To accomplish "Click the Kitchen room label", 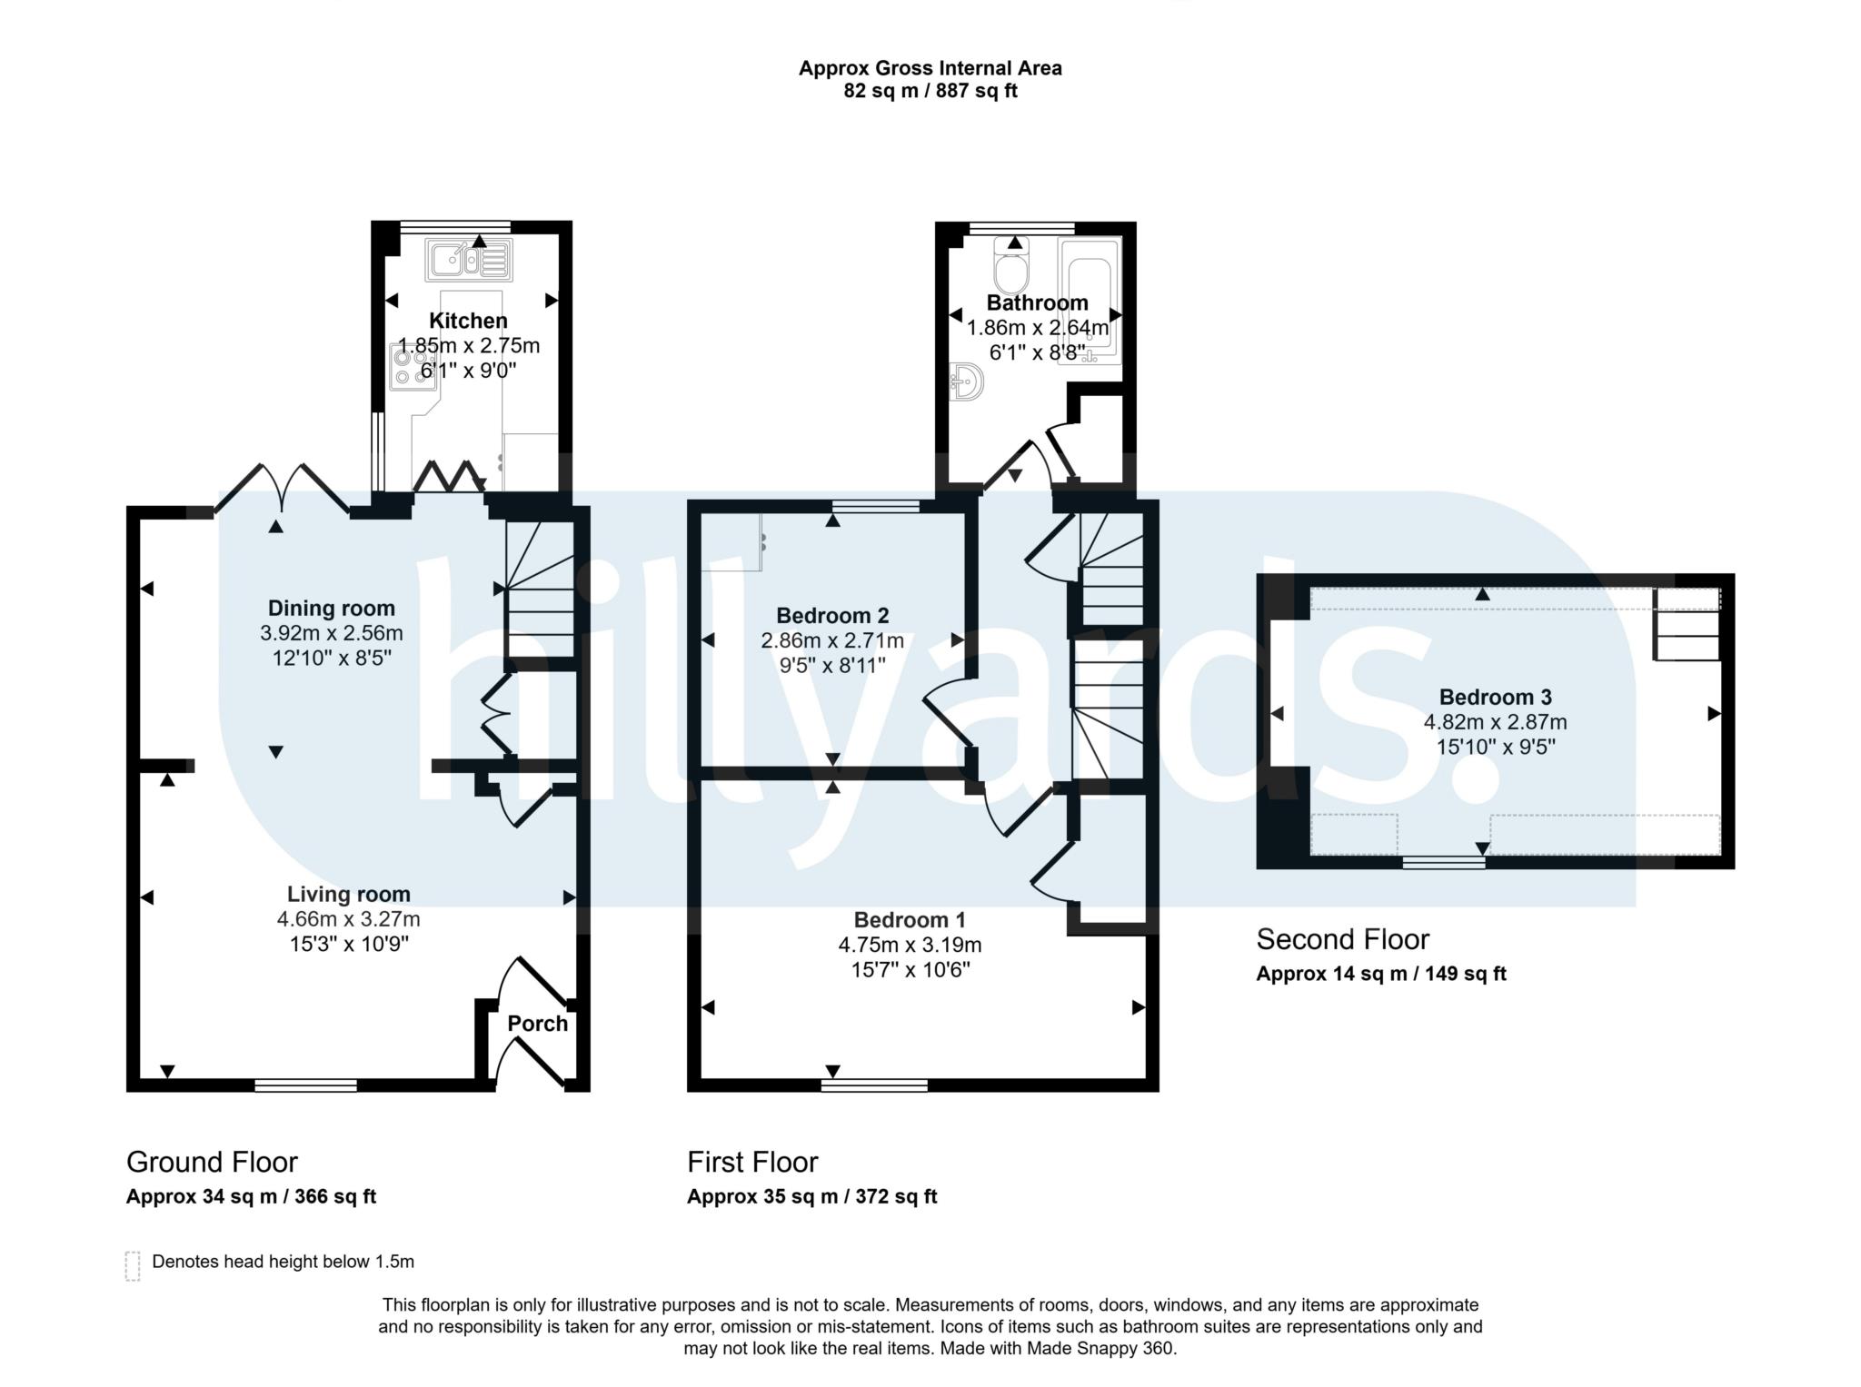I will pos(468,321).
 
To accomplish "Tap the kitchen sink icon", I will pos(469,260).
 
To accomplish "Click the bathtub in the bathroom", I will pos(1090,301).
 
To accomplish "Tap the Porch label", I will pos(537,1024).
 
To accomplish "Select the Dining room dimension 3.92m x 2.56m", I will pos(331,633).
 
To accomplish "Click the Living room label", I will pos(349,894).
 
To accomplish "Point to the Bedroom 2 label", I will pos(832,615).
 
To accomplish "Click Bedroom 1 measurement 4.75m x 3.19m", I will pos(910,945).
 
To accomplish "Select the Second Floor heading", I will pos(1342,939).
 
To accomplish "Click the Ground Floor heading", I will pos(212,1162).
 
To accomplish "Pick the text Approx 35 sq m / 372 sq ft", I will pos(811,1196).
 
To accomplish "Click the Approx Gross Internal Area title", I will pos(930,68).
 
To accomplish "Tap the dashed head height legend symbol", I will pos(133,1265).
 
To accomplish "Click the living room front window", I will pos(305,1085).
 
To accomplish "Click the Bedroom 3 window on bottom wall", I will pos(1444,863).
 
